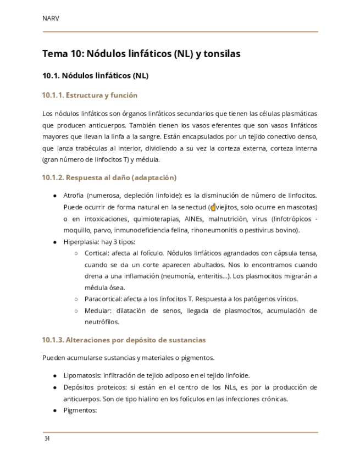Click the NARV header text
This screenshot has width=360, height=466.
[x=51, y=18]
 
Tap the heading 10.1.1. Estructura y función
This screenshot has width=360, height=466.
[x=90, y=95]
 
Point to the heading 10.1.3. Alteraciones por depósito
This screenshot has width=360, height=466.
[x=124, y=340]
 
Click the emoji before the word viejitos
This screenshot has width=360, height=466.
[x=213, y=208]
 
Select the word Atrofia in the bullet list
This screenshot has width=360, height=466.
[x=74, y=196]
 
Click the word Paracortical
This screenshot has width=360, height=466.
[x=103, y=299]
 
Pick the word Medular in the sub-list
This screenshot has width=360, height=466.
[x=97, y=310]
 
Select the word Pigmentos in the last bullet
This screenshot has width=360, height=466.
[x=80, y=410]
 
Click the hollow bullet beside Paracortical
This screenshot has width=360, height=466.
[x=76, y=299]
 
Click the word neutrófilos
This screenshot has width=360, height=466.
[x=102, y=322]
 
